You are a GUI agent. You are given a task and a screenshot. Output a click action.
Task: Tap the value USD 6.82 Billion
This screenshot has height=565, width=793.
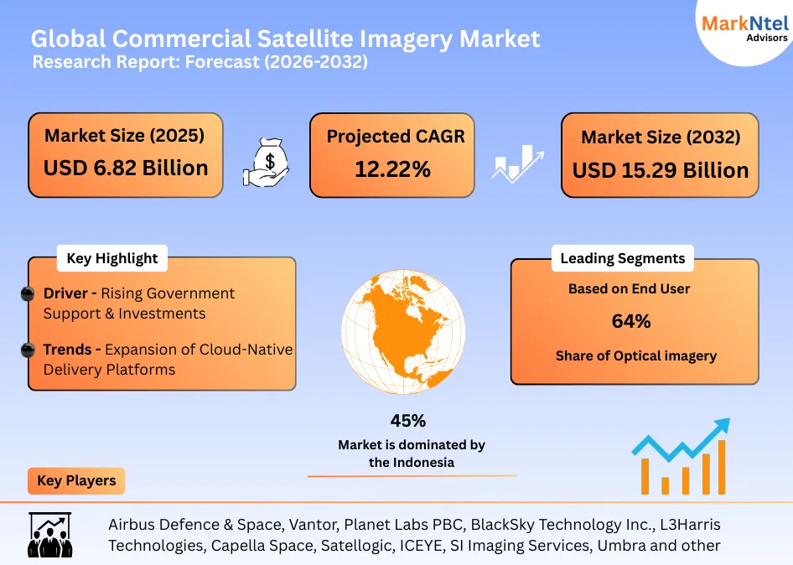[x=126, y=168]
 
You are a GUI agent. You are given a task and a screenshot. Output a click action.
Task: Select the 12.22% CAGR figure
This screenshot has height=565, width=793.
[x=392, y=169]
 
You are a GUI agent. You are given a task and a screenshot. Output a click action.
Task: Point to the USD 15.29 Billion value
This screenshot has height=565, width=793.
[x=661, y=170]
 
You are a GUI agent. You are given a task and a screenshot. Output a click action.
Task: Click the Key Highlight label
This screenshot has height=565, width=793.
[x=111, y=259]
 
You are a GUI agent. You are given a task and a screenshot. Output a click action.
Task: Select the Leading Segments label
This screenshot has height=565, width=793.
[x=622, y=258]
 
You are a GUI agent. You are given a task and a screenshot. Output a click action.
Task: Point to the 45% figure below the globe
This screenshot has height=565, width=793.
[x=407, y=421]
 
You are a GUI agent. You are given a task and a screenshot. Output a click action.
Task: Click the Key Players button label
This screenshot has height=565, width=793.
[x=76, y=481]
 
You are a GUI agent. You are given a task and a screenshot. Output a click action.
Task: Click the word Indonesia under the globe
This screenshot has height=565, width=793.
[x=425, y=462]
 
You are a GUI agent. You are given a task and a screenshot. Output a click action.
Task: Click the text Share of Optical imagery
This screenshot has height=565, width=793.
[x=635, y=355]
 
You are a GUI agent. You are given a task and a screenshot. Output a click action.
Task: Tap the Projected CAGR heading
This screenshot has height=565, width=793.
[x=395, y=137]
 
